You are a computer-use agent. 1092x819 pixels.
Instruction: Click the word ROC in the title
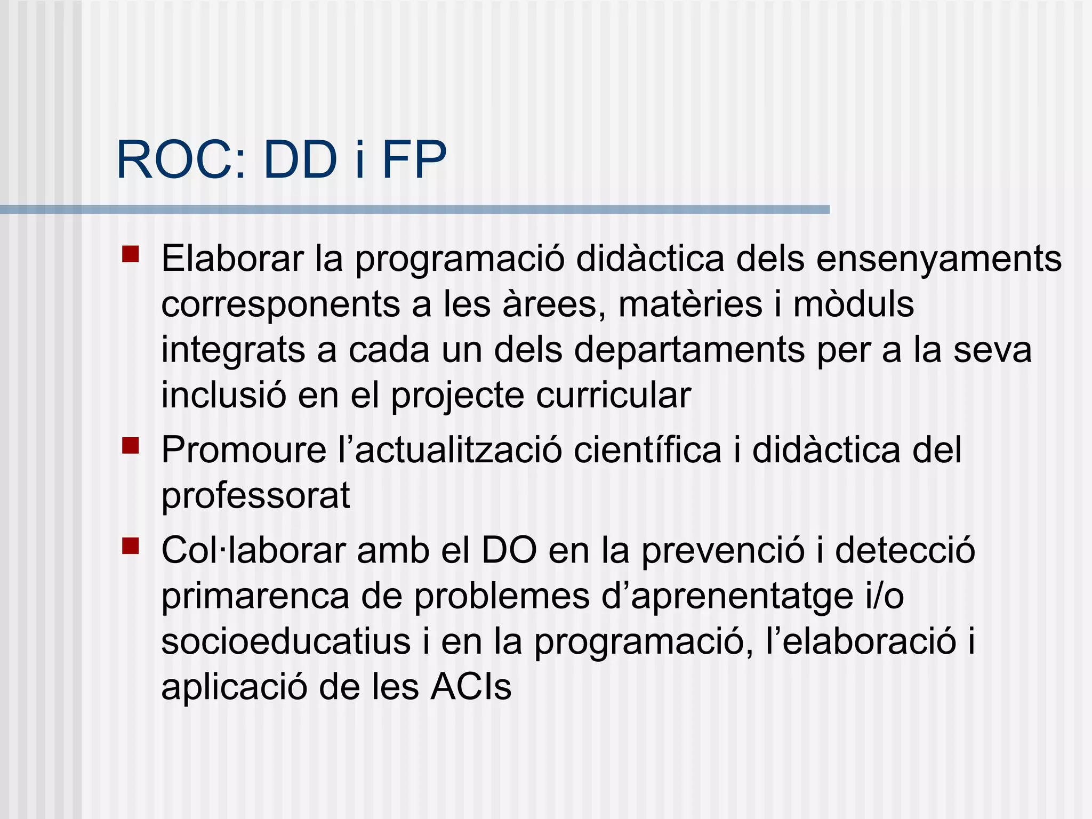pos(176,160)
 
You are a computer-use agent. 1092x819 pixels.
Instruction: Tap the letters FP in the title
pos(414,160)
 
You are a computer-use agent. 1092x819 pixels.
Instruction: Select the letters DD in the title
pos(300,160)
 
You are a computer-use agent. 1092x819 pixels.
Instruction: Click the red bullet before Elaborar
pos(131,254)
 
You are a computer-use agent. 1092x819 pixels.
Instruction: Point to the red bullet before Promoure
pos(131,445)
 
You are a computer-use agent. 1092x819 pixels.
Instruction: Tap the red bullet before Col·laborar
pos(131,545)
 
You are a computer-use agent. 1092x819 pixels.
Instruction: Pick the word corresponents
pos(281,304)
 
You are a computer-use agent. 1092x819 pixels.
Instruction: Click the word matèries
pos(690,304)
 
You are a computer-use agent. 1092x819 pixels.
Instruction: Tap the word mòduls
pos(854,304)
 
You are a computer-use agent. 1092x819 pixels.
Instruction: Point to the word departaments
pos(689,350)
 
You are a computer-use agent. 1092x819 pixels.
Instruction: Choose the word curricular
pos(613,396)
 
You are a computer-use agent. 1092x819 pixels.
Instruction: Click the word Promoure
pos(244,450)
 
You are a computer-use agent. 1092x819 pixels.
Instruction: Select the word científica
pos(647,450)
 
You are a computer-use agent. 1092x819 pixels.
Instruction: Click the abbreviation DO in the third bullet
pos(509,550)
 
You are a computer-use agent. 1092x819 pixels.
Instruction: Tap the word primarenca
pos(255,596)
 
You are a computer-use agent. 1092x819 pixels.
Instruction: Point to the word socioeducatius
pos(286,641)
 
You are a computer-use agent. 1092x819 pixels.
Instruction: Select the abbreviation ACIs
pos(471,687)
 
